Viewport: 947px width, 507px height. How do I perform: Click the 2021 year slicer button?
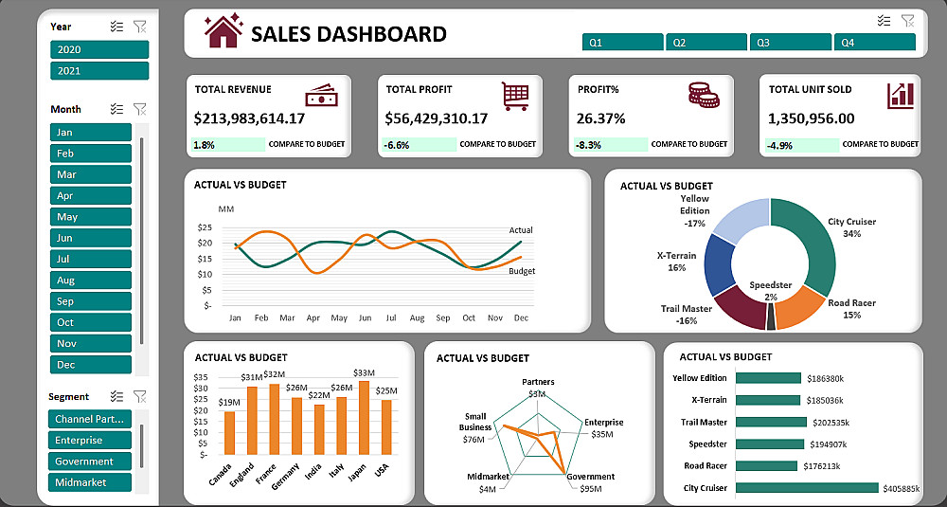click(x=99, y=71)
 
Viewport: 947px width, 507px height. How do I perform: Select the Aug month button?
click(x=90, y=281)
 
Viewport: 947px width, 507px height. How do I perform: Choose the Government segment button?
click(x=90, y=462)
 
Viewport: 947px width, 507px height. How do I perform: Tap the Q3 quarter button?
click(x=790, y=43)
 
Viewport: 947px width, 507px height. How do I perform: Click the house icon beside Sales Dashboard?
click(x=223, y=31)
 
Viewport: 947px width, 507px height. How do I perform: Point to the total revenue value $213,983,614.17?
click(x=250, y=118)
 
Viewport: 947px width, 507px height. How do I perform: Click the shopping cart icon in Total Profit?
click(x=515, y=95)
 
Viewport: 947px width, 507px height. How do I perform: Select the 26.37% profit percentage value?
click(x=601, y=118)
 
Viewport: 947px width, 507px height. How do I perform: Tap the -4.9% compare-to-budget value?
click(x=779, y=145)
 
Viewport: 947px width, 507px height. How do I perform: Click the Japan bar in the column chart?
click(x=364, y=417)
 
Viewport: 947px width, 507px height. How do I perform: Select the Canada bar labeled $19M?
click(x=230, y=432)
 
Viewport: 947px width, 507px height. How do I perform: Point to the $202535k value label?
click(x=830, y=423)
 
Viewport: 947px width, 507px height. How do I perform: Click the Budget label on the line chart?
click(x=522, y=271)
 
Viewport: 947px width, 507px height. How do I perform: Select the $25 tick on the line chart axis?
click(x=205, y=227)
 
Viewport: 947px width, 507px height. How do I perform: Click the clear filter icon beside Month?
click(x=140, y=109)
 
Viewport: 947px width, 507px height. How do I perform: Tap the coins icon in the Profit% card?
click(x=703, y=94)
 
